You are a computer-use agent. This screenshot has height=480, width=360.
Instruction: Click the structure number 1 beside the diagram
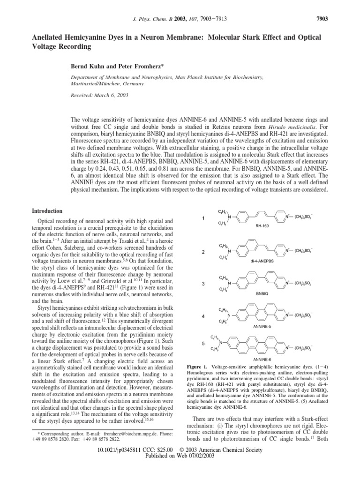tap(202, 218)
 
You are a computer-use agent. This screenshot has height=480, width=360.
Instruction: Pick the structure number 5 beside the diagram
tap(202, 344)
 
